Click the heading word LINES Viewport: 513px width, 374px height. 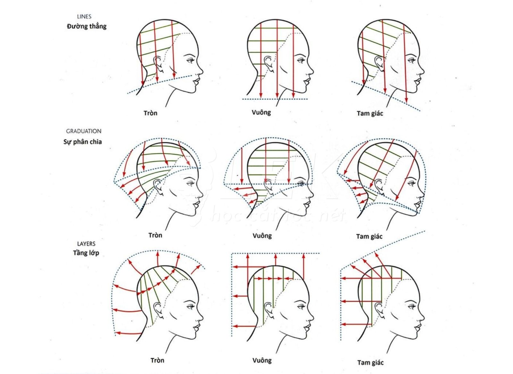[x=84, y=16]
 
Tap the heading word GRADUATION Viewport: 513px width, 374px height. [x=84, y=131]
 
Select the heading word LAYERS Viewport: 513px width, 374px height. [x=86, y=244]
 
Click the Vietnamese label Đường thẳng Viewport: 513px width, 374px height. [x=87, y=26]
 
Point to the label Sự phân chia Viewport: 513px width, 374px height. [x=82, y=142]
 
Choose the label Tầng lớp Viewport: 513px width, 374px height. [x=86, y=253]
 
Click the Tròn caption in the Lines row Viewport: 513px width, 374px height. [x=150, y=113]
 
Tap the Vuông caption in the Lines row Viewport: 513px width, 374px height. [x=261, y=112]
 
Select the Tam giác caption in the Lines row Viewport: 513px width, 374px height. [x=370, y=113]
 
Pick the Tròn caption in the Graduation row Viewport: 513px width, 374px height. [x=155, y=235]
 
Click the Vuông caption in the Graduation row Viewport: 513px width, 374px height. [x=262, y=236]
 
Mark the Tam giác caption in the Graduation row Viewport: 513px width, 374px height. [x=369, y=236]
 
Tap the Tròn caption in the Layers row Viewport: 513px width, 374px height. [x=157, y=360]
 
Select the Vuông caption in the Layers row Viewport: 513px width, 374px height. [x=262, y=360]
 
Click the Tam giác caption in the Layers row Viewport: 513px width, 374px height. [x=370, y=362]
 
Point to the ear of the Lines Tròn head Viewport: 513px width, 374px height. [x=158, y=64]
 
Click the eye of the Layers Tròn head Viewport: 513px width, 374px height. [x=191, y=307]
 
